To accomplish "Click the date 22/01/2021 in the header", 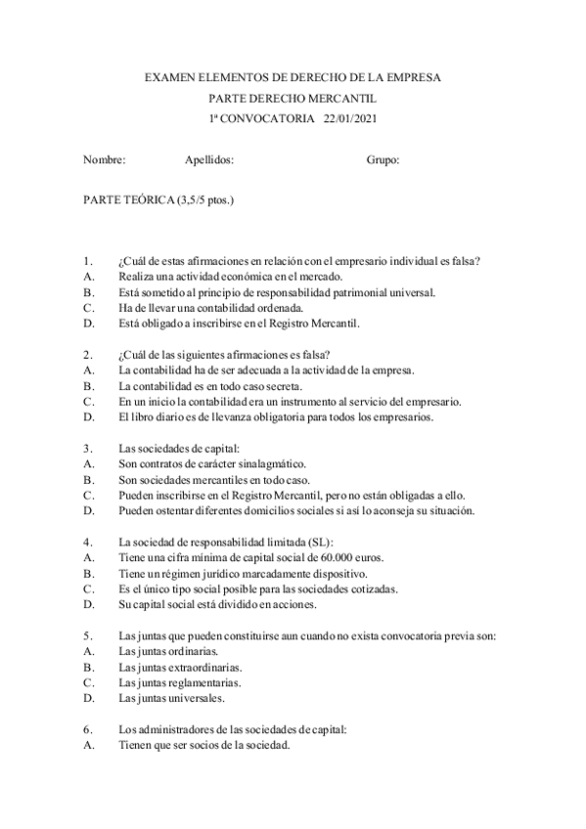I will click(350, 118).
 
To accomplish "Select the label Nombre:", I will click(105, 160).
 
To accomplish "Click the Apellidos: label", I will click(209, 160).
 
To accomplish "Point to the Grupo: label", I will click(383, 160).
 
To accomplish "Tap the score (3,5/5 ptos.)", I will click(205, 201).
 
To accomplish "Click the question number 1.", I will click(88, 261).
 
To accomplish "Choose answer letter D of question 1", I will click(88, 323).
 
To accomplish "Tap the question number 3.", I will click(88, 448).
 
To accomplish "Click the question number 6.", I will click(88, 729).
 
